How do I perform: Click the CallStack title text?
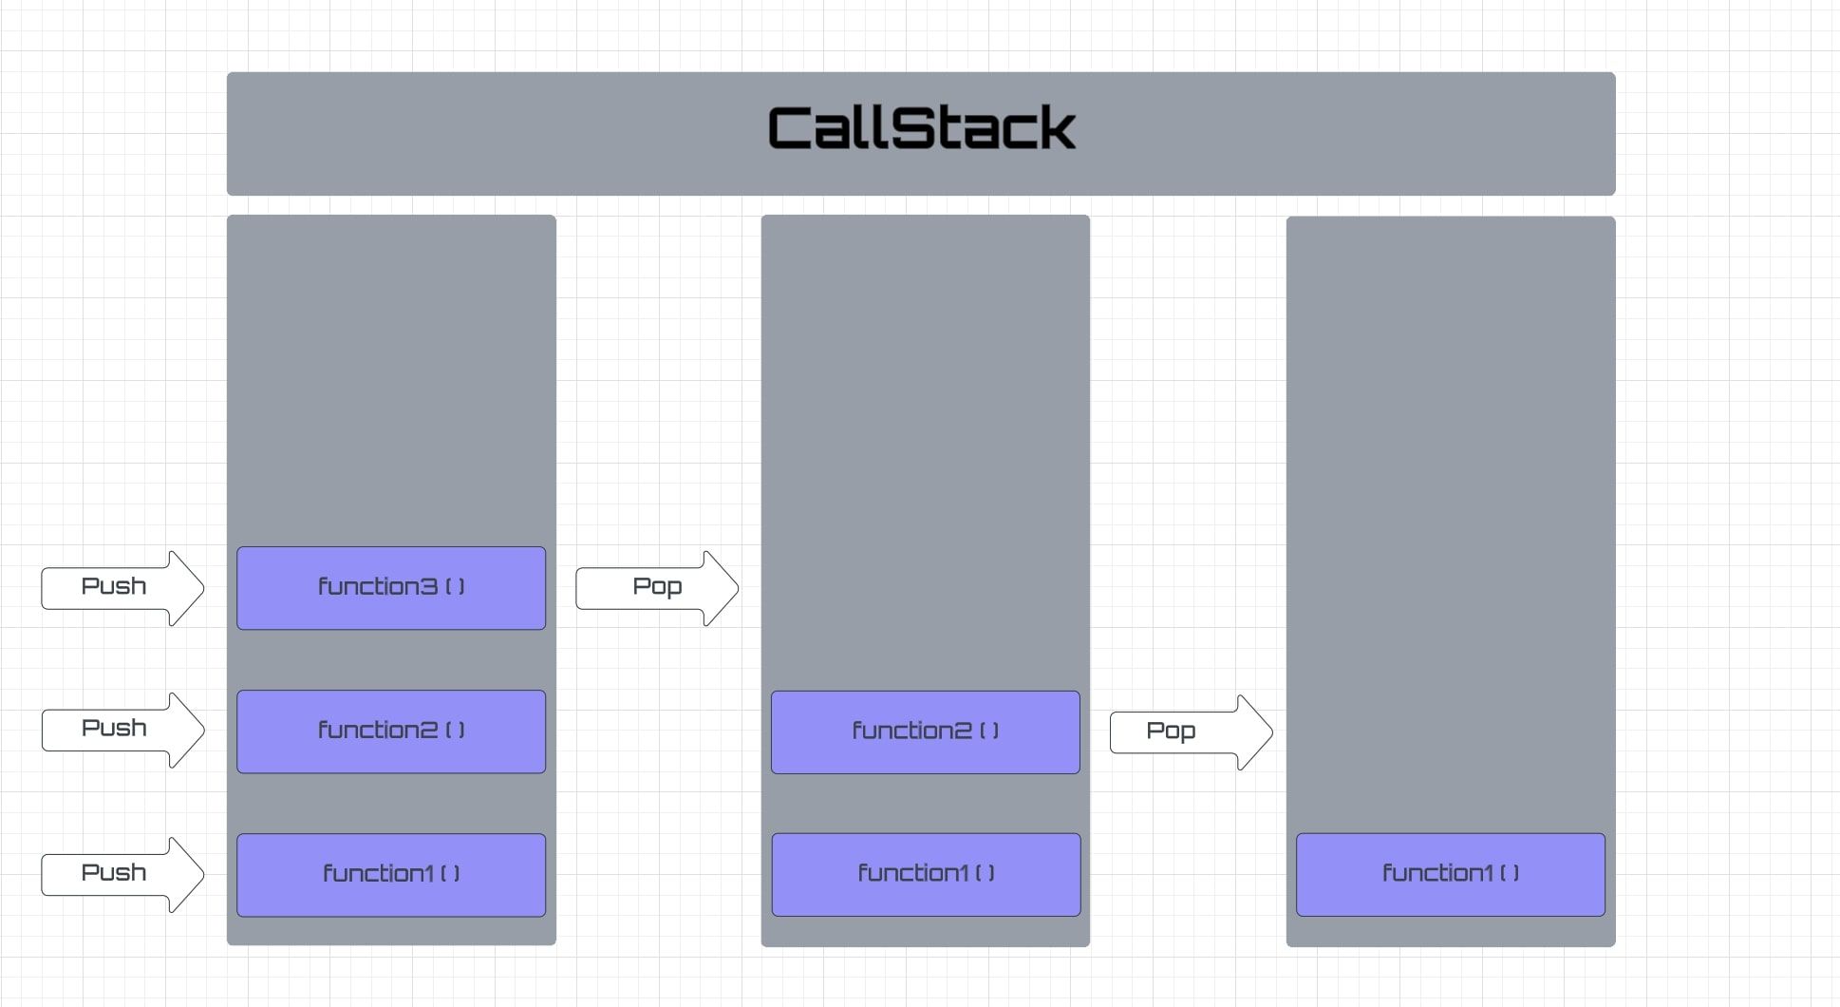point(921,129)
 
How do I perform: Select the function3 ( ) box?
point(391,587)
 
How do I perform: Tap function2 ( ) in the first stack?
point(391,731)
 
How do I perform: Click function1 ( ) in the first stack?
point(391,874)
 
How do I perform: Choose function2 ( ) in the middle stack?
point(925,731)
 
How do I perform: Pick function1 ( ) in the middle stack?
point(926,874)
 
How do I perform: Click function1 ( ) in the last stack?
point(1450,874)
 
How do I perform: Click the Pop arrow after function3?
point(656,587)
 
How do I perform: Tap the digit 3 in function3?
point(428,587)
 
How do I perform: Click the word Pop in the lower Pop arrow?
point(1170,731)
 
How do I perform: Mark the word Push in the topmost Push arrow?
point(114,586)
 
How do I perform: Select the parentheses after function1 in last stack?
point(1509,873)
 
